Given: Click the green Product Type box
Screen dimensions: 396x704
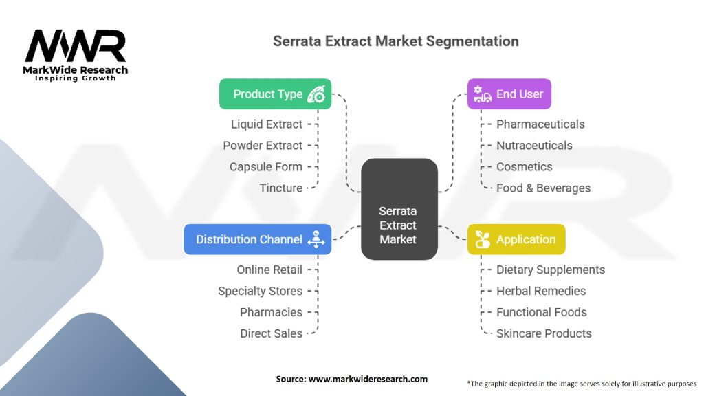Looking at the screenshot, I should (x=275, y=94).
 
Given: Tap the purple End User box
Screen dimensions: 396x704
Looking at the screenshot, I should (x=509, y=94).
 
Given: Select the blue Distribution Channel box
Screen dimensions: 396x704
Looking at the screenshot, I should (x=257, y=239).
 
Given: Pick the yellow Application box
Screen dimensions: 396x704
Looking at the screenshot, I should (x=516, y=239).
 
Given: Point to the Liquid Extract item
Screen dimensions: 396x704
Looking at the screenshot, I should (x=267, y=124).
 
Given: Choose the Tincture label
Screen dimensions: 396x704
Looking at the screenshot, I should (x=280, y=188).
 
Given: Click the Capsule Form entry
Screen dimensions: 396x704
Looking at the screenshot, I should (x=266, y=166).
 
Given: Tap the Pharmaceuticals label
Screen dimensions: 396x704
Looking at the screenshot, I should (x=540, y=124).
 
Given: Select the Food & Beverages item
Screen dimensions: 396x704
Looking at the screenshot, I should (x=543, y=188).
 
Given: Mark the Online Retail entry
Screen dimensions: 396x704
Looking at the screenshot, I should (x=269, y=269).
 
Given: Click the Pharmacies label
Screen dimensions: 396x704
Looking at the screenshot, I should (x=271, y=312).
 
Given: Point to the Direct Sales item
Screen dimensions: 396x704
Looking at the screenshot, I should (x=271, y=333).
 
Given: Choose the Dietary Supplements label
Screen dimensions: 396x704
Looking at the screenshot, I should (x=551, y=269).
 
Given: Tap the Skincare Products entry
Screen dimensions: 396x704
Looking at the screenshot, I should (x=544, y=333).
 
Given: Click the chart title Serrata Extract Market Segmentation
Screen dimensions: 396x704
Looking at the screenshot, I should (x=396, y=41).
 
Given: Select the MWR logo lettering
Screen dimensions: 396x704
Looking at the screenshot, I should (x=76, y=46).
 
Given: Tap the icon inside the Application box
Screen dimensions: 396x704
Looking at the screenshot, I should (x=483, y=239).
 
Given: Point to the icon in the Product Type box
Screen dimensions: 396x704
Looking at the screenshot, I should (x=316, y=94).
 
